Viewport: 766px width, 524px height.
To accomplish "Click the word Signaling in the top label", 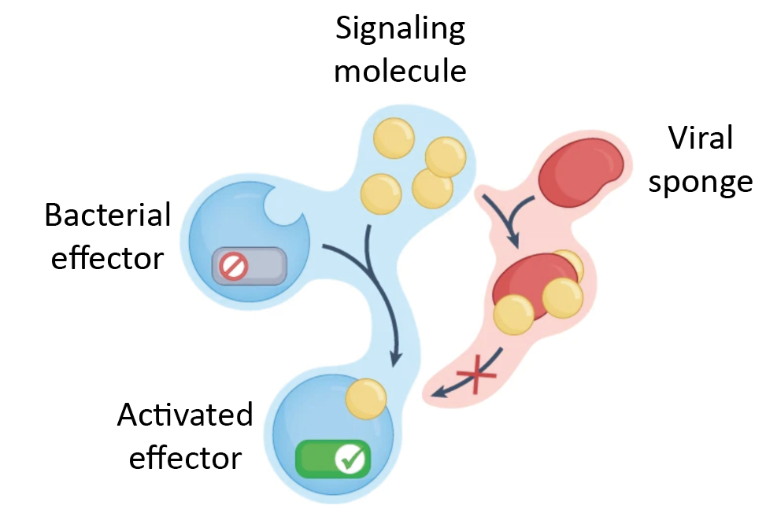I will (x=400, y=31).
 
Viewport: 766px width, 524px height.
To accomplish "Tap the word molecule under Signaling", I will (x=400, y=71).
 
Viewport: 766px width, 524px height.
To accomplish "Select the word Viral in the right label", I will (x=700, y=138).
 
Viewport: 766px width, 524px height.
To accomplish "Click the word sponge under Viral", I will (x=700, y=182).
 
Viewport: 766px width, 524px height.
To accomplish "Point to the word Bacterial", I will (x=108, y=214).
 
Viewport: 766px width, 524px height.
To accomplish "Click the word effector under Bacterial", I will (x=108, y=256).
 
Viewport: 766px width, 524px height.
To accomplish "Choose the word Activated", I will (x=185, y=415).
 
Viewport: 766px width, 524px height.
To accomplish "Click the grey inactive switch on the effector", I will (x=249, y=267).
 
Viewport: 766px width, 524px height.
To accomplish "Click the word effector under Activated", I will (x=185, y=456).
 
